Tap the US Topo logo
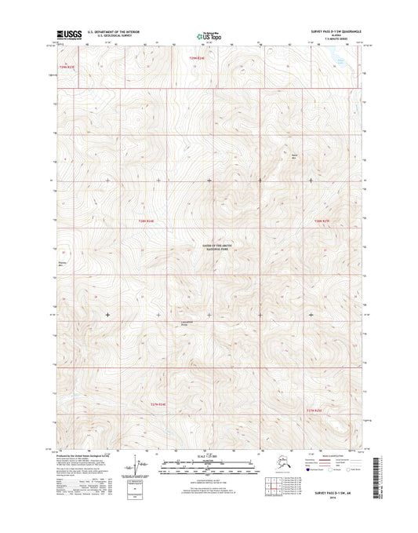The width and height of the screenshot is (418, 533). click(x=208, y=35)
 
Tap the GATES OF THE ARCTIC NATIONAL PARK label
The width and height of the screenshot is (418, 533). click(x=209, y=248)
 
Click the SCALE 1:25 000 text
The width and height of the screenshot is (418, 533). click(x=209, y=456)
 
